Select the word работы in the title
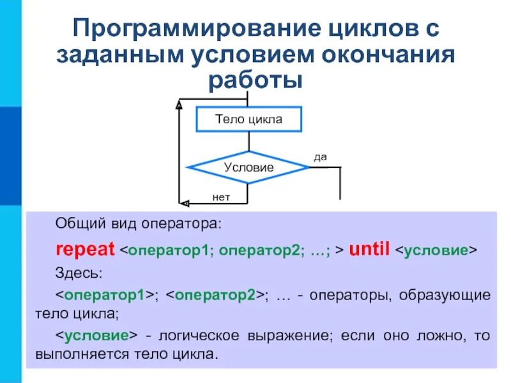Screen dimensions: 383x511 click(255, 80)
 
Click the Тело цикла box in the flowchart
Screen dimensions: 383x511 click(248, 119)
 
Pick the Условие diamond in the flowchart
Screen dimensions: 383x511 click(248, 168)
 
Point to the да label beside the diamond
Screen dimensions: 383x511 click(320, 156)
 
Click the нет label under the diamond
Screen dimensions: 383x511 click(221, 198)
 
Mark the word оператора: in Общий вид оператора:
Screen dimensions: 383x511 click(189, 224)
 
